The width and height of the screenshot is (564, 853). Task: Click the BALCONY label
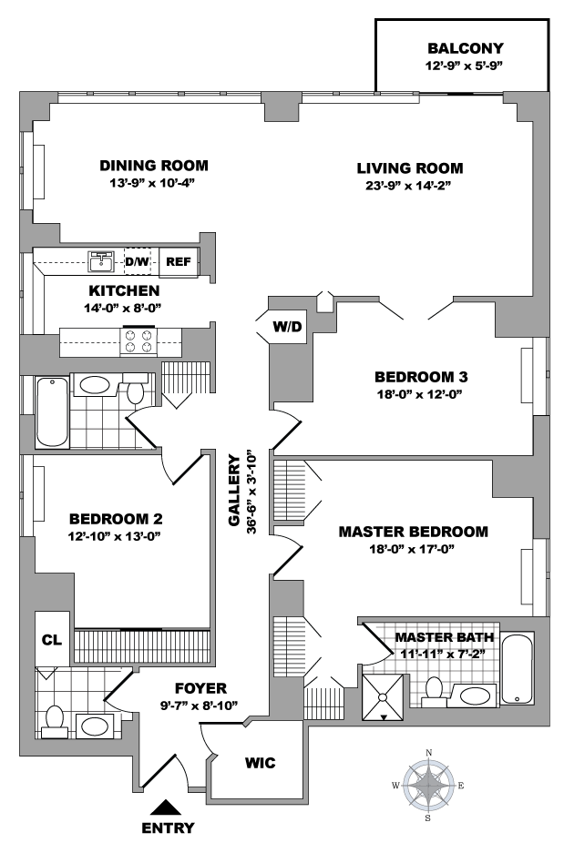tap(465, 48)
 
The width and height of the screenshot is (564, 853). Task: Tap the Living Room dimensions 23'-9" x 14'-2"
tap(408, 186)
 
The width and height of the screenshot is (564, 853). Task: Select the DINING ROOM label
tap(153, 166)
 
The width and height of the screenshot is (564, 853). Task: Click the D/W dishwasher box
tap(138, 262)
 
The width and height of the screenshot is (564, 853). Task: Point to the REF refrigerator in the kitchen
tap(179, 262)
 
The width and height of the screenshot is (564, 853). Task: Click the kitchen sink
tap(101, 261)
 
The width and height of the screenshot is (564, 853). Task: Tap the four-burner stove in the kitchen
tap(138, 341)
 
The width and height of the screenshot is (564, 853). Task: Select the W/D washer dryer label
tap(287, 327)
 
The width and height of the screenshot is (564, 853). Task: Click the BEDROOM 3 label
tap(421, 377)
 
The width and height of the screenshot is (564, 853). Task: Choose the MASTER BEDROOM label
tap(413, 532)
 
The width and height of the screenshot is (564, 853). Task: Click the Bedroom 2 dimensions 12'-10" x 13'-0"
tap(114, 536)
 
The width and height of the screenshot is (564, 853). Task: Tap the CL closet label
tap(52, 640)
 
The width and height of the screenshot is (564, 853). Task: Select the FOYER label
tap(200, 689)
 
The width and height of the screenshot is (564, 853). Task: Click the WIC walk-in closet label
tap(260, 763)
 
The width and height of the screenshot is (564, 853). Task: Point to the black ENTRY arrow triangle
tap(167, 807)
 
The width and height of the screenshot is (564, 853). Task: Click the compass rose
tap(428, 786)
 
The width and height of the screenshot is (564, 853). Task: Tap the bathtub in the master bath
tap(518, 668)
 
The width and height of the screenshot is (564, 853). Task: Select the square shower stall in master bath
tap(384, 697)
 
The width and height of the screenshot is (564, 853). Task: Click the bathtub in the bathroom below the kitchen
tap(52, 411)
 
